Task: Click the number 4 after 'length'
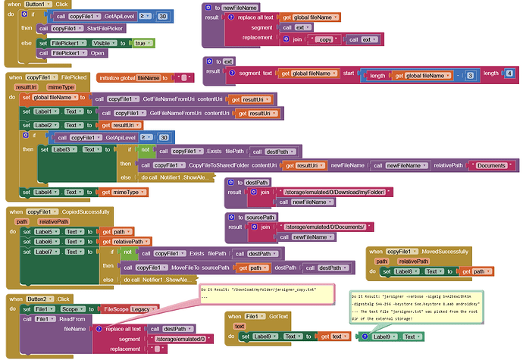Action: [x=509, y=73]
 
